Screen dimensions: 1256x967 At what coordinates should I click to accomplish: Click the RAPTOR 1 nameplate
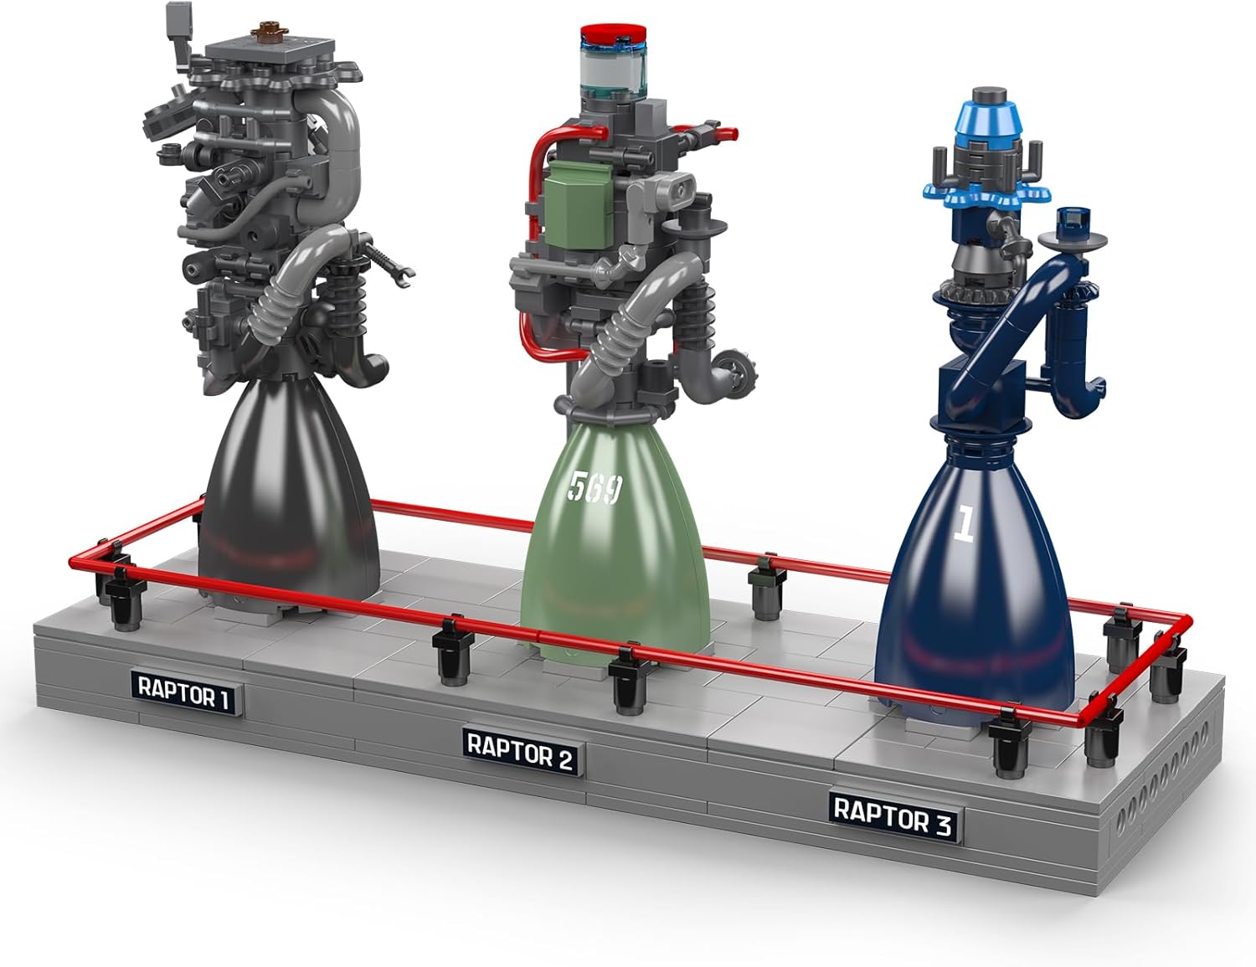184,693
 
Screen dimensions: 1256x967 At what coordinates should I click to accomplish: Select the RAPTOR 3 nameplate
893,817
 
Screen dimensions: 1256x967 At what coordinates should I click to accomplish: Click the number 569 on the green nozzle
595,487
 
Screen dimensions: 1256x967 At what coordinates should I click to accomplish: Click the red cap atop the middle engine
613,33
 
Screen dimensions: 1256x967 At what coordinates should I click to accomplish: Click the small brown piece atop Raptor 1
269,28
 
